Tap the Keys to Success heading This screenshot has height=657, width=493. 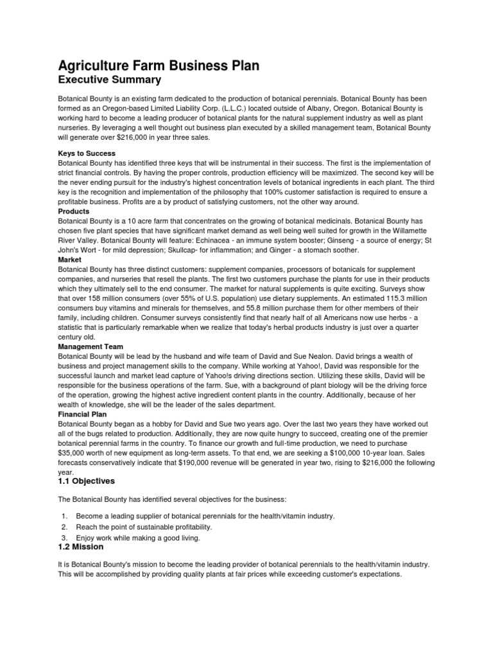pos(87,154)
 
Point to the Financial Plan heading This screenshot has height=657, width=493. pos(83,414)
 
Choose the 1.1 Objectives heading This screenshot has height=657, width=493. pos(87,481)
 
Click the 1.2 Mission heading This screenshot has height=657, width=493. pos(80,547)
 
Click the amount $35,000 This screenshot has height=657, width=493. pos(72,453)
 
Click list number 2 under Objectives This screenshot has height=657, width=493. pos(64,527)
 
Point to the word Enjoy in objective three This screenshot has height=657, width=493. pos(86,538)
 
